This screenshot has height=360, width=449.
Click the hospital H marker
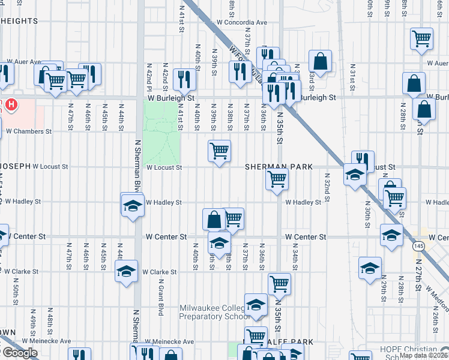click(11, 106)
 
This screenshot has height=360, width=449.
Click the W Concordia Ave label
click(242, 22)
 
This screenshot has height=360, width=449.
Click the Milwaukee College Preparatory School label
click(215, 313)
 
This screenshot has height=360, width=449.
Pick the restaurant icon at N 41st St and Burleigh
click(184, 79)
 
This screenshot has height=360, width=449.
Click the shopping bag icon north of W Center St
click(214, 219)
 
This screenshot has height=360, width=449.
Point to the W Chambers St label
click(24, 131)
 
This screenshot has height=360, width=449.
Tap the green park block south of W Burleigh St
click(161, 131)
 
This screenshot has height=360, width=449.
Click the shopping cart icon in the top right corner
click(422, 38)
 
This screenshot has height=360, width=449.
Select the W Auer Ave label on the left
click(24, 62)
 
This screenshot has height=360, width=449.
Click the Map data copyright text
click(424, 355)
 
